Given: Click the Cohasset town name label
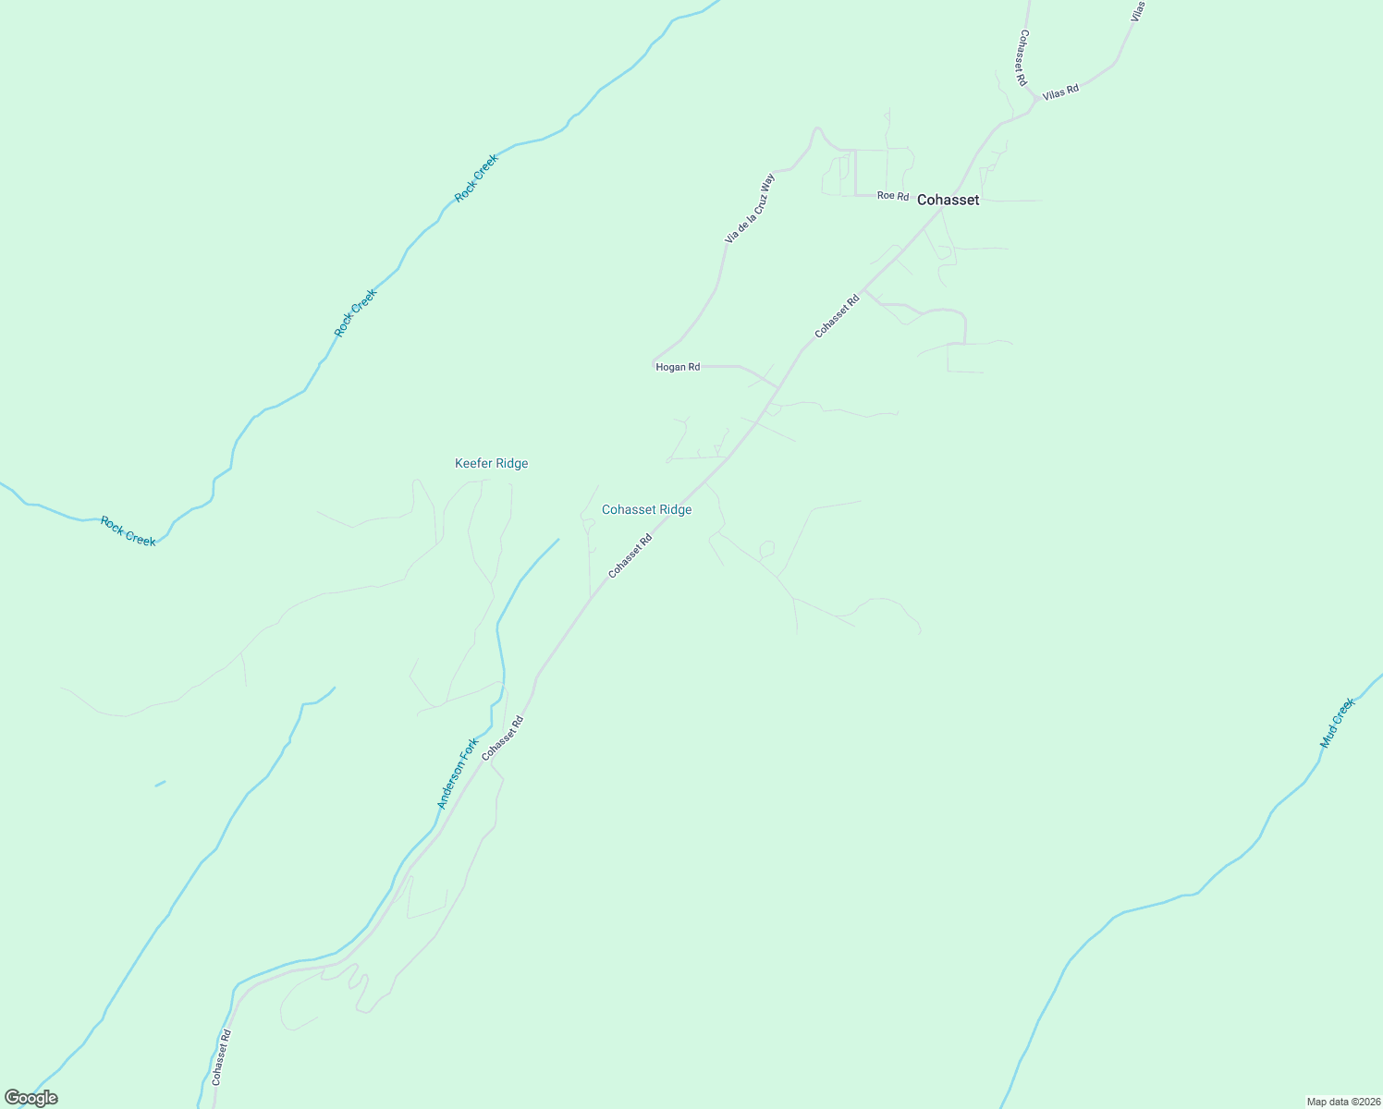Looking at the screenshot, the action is point(948,200).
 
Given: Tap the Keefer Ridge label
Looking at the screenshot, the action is point(491,463).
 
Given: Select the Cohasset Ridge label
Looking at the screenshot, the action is point(646,509).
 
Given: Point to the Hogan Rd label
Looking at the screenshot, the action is point(678,367).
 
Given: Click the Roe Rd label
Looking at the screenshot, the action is point(893,196).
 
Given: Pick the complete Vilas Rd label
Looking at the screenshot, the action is point(1060,92).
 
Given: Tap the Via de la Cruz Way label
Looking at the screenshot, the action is point(750,208).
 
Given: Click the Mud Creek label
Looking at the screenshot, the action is point(1337,723).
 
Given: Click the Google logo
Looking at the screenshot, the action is point(31,1098).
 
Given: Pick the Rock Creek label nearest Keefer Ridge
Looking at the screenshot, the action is point(128,531).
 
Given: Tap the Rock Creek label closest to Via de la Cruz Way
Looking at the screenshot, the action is point(476,177).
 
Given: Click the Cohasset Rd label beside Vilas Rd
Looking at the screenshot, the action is point(1022,57).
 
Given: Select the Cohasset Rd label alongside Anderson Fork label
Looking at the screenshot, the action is point(502,737).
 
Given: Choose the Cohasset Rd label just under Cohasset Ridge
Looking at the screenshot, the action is point(630,555).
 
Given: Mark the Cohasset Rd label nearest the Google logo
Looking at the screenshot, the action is point(220,1057).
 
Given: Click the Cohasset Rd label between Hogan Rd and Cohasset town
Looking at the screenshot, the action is point(837,315).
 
